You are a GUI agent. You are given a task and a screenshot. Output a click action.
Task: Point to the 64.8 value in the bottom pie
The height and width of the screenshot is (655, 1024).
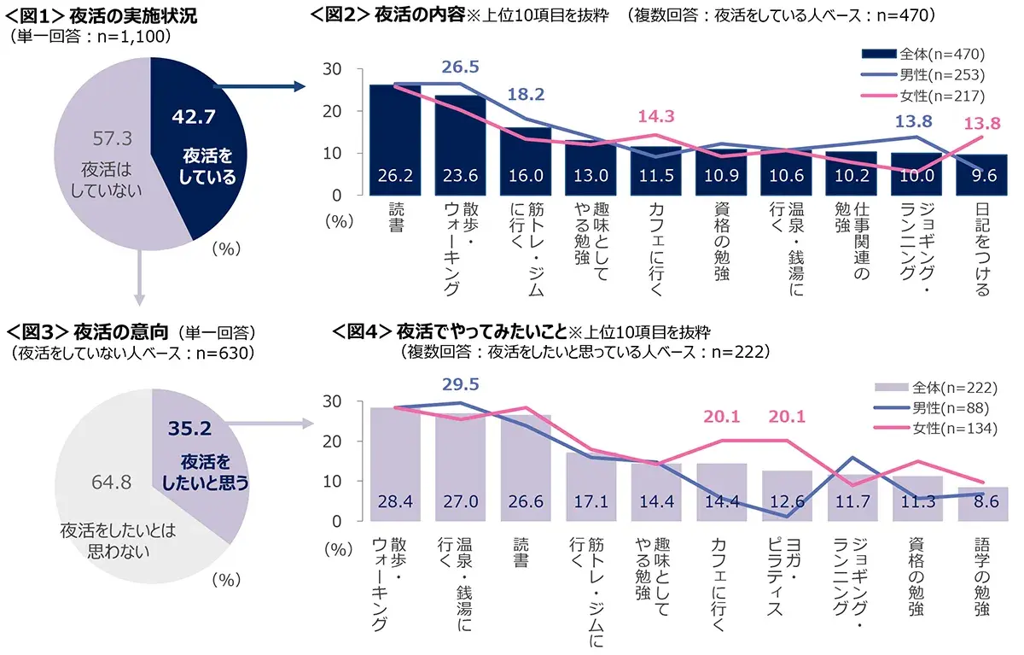[111, 482]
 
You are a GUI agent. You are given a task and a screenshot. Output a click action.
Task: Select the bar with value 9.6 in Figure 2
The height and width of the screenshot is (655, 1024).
[982, 175]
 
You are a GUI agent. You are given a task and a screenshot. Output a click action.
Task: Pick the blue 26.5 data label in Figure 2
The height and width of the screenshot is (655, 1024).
[461, 67]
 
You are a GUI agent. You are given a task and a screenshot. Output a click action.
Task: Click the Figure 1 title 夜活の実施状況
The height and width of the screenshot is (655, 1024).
[135, 16]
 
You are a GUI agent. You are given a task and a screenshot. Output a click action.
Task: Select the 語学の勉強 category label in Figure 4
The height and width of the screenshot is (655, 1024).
[981, 576]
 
